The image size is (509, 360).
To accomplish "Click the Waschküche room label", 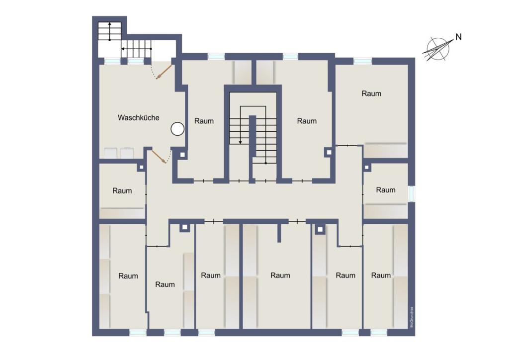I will [138, 118].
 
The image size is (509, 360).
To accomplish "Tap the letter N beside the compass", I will [458, 37].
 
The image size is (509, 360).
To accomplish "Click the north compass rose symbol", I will [437, 49].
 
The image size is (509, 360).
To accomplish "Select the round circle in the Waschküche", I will [177, 129].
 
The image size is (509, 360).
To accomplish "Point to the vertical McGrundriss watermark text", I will [411, 318].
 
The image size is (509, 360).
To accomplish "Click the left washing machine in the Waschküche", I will [111, 152].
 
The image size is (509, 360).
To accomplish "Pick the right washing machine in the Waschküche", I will [128, 152].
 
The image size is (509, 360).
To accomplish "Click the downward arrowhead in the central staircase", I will [241, 142].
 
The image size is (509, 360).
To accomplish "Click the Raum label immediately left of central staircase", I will [204, 121].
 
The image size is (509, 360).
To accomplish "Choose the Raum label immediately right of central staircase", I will [307, 121].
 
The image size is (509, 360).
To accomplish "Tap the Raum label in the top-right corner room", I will [371, 93].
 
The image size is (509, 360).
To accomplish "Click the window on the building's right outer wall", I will [411, 194].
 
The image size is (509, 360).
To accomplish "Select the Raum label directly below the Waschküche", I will [122, 190].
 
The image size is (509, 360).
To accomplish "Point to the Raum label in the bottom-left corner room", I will [128, 276].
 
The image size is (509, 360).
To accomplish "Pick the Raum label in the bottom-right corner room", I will [381, 275].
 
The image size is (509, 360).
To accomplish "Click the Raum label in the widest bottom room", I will [280, 275].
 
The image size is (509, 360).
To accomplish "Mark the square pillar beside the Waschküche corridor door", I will [182, 155].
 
